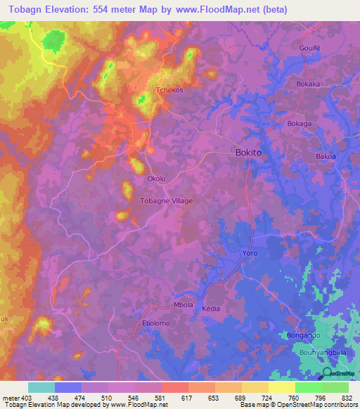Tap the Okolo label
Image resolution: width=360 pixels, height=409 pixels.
156,178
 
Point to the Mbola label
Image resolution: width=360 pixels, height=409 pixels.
183,305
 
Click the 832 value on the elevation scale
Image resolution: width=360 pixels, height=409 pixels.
347,398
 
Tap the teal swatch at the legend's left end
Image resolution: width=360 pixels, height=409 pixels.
41,387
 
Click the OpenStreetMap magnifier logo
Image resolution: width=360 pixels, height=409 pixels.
326,375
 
